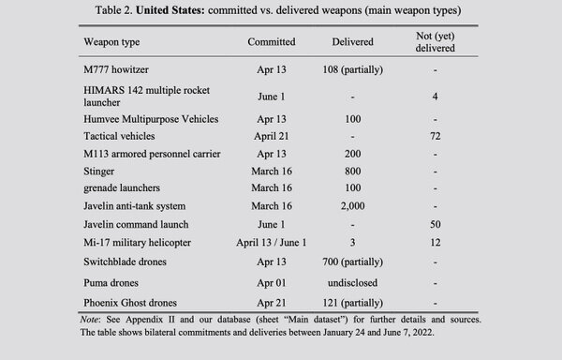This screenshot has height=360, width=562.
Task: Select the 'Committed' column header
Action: click(272, 42)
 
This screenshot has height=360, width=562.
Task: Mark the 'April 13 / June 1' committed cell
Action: click(272, 243)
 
